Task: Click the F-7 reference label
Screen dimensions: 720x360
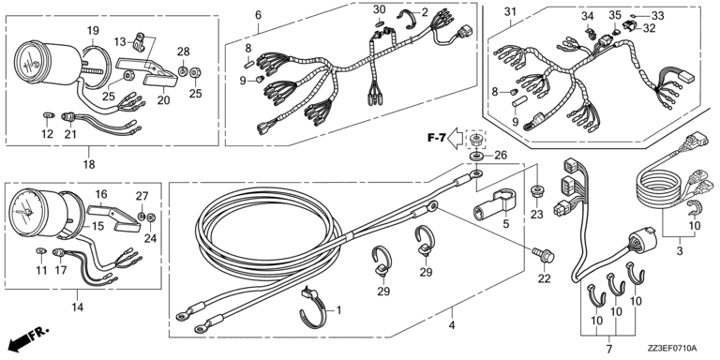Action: click(436, 137)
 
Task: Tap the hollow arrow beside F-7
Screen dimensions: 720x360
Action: click(456, 137)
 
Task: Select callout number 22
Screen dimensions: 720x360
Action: click(544, 278)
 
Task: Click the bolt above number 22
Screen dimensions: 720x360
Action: click(543, 254)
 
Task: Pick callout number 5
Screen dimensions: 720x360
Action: click(505, 225)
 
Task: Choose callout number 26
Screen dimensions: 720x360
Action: click(500, 156)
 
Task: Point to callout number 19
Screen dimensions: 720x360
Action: click(93, 31)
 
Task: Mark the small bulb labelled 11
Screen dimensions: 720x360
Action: click(41, 250)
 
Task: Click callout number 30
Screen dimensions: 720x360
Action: click(380, 9)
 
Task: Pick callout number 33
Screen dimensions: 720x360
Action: click(658, 16)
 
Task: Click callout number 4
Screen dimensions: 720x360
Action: click(452, 326)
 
